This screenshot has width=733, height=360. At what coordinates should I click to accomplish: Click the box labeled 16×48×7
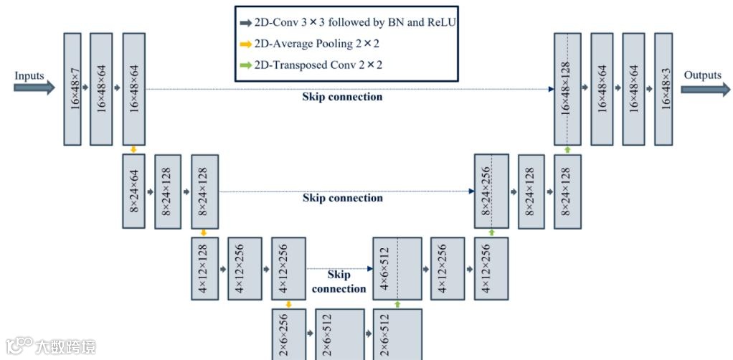[72, 89]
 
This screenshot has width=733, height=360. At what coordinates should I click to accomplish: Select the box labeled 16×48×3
[663, 89]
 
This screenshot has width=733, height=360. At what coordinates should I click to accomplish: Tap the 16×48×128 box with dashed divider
[567, 89]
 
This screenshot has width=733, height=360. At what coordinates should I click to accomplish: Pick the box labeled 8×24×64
[134, 191]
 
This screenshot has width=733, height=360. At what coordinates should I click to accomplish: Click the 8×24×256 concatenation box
[491, 191]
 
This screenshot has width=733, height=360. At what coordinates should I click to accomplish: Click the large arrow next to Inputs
[34, 87]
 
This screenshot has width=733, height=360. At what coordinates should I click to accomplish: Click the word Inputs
[29, 75]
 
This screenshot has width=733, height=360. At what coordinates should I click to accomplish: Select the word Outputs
[702, 75]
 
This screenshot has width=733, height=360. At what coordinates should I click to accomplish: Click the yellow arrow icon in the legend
[246, 44]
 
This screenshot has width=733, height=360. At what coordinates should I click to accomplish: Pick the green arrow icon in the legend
[246, 65]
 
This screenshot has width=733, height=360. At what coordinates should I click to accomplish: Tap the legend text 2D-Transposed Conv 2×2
[318, 65]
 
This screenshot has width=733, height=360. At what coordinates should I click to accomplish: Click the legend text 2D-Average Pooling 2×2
[316, 44]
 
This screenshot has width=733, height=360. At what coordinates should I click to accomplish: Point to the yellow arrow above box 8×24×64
[134, 149]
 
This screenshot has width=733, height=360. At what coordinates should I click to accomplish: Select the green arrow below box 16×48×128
[567, 150]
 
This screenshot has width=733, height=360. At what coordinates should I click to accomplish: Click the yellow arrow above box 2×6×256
[289, 304]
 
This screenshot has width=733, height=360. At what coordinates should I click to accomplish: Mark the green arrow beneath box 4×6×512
[397, 304]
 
